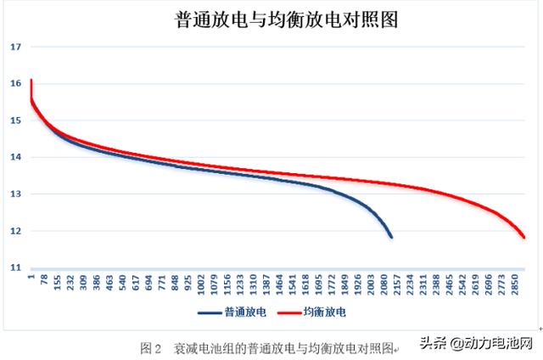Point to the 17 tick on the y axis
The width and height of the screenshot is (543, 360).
(15, 47)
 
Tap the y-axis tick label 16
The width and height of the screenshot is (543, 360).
(15, 83)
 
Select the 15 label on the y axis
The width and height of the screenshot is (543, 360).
(15, 121)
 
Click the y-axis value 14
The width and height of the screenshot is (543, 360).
(15, 157)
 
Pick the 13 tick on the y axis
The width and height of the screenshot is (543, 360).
(15, 194)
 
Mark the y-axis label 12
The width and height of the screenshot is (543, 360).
(15, 231)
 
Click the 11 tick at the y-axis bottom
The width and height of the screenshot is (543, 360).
(15, 267)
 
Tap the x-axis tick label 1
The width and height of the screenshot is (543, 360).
(31, 276)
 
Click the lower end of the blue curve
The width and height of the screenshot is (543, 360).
(391, 237)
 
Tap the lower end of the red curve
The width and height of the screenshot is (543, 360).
(524, 238)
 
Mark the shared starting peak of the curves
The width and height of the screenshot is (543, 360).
(31, 81)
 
